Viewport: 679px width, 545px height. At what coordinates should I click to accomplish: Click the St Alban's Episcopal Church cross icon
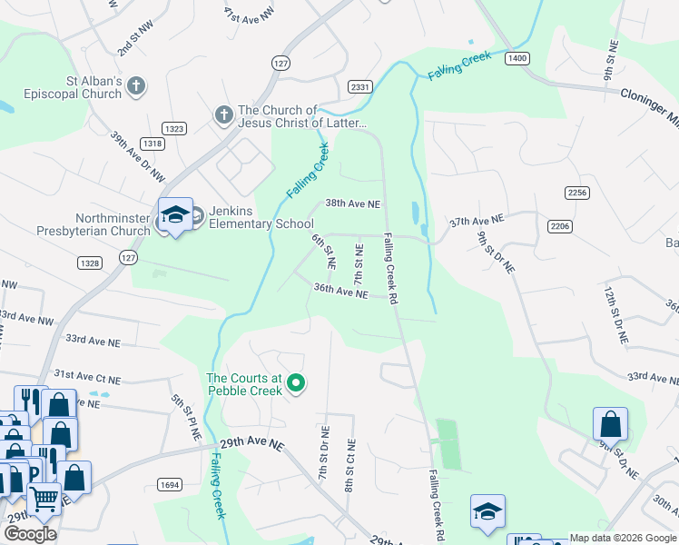click(136, 86)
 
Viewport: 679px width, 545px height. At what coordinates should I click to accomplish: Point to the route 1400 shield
click(517, 58)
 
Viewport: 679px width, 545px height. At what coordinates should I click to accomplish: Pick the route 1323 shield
click(175, 129)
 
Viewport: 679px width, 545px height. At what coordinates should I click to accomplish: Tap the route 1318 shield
click(153, 144)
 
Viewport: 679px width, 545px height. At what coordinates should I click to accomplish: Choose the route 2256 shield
click(576, 193)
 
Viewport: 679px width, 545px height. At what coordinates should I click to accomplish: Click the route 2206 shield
click(560, 225)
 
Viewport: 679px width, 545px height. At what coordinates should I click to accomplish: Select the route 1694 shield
click(170, 485)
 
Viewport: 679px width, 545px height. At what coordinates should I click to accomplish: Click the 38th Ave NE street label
click(353, 204)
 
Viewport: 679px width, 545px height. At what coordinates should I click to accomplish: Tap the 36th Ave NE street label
click(340, 292)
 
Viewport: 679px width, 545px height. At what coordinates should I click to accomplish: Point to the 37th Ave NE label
click(477, 221)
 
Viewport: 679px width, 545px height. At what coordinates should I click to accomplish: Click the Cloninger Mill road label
click(648, 97)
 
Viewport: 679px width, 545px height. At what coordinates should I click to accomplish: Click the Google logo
click(30, 533)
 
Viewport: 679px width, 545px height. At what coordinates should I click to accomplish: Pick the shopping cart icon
click(44, 497)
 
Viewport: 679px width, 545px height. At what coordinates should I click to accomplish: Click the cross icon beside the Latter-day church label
click(223, 115)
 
